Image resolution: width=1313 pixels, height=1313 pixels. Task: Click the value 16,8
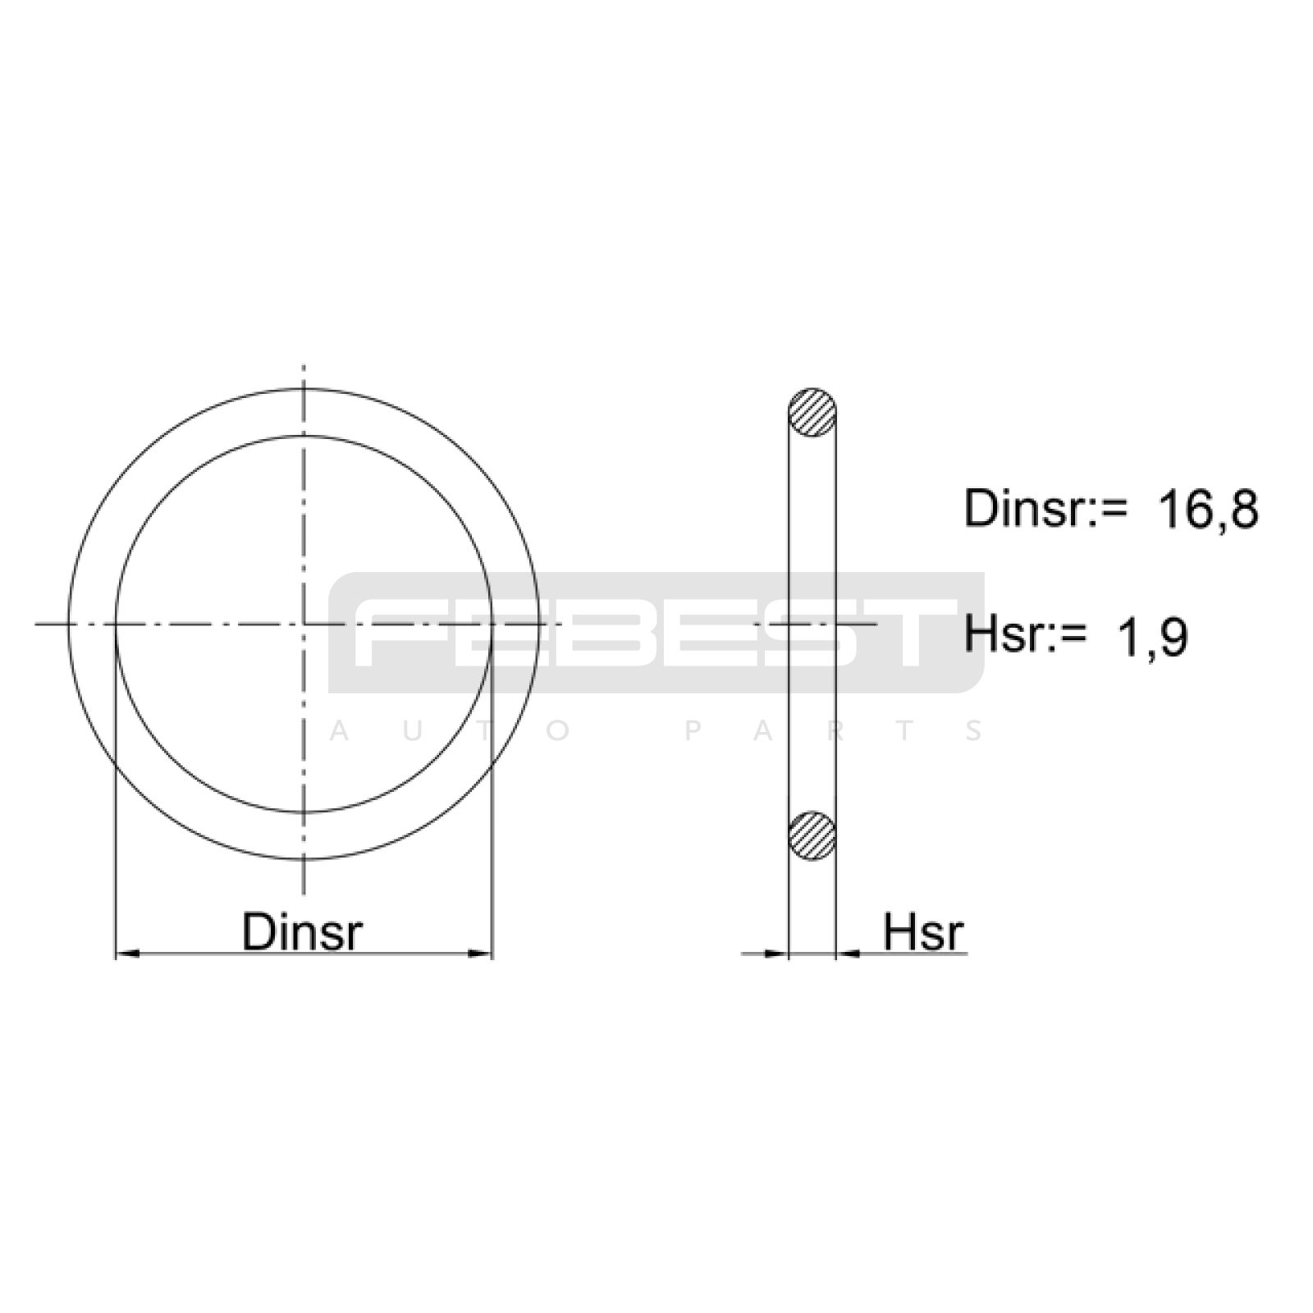1207,510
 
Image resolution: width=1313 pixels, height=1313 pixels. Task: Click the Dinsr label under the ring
302,931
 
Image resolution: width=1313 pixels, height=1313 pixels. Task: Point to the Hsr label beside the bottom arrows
923,931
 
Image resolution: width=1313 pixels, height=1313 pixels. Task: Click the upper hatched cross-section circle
812,412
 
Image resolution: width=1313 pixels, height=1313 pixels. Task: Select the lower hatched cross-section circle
812,835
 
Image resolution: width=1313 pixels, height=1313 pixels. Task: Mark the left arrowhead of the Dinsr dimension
127,954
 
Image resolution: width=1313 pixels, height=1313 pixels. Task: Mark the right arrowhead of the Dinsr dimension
480,954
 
